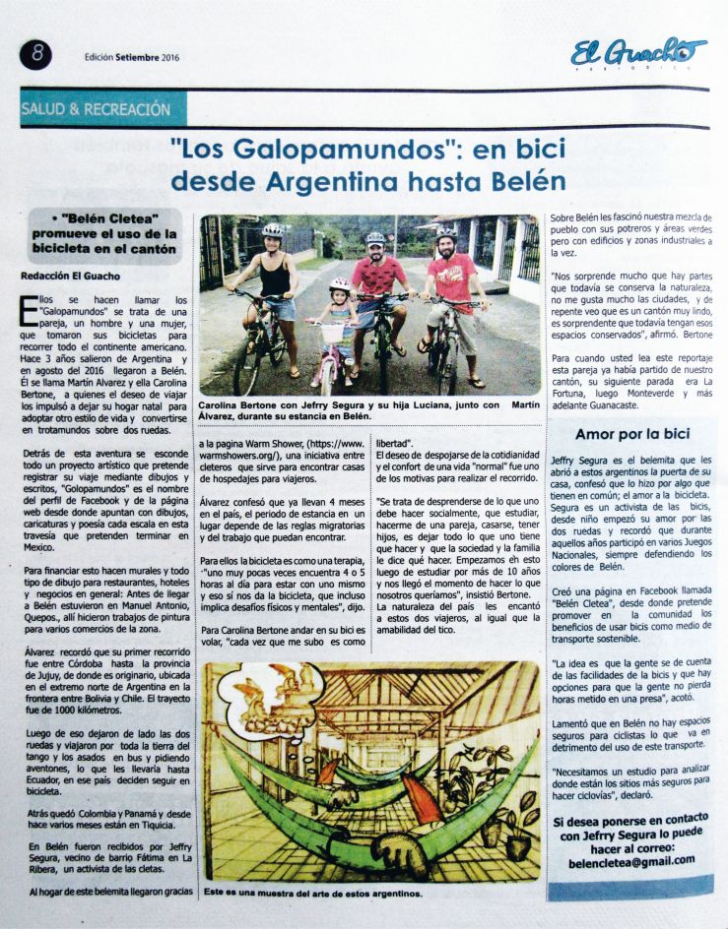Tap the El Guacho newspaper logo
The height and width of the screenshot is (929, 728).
pyautogui.click(x=638, y=51)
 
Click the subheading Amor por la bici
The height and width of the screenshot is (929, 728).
pyautogui.click(x=632, y=433)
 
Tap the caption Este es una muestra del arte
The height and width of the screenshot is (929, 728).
pyautogui.click(x=313, y=894)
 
